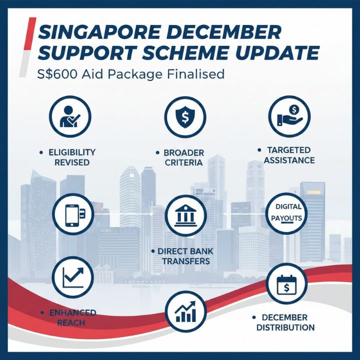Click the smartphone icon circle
[73, 214]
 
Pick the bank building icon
[184, 215]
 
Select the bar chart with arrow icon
[185, 310]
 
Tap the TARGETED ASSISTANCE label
[289, 155]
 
